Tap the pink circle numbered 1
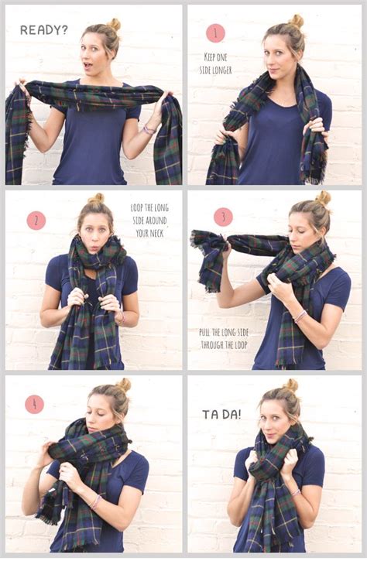(215, 32)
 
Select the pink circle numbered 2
(36, 221)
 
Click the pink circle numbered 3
(223, 217)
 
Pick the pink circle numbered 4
(34, 404)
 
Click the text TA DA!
(221, 414)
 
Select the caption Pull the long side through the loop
(221, 339)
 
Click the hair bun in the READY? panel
(114, 24)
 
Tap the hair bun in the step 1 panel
(297, 21)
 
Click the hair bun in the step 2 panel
(97, 199)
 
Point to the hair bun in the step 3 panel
(323, 198)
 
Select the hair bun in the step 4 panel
(123, 385)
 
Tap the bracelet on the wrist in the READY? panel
(148, 130)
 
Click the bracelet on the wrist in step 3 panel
(299, 316)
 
